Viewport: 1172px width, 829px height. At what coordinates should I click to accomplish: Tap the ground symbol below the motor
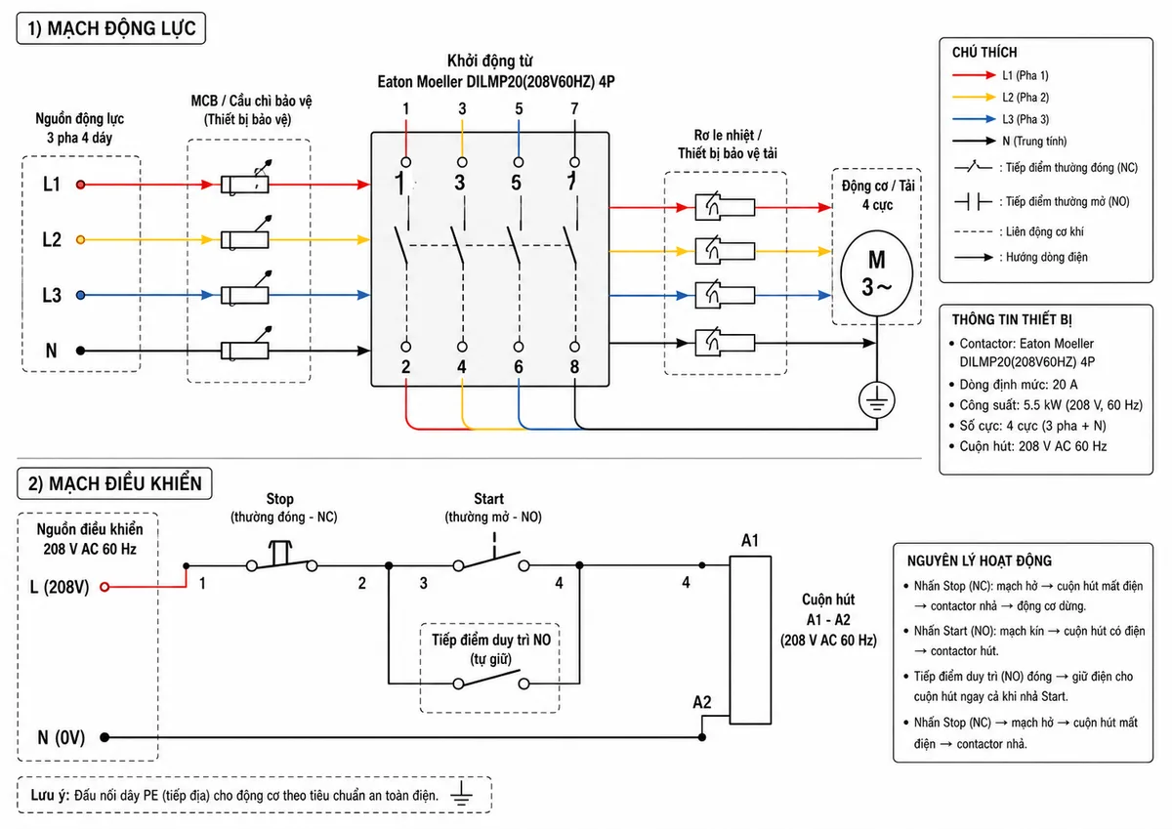pos(877,400)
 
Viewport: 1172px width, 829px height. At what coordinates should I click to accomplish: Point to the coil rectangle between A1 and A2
pos(750,640)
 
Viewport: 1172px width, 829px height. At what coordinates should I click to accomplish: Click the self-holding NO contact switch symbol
pos(490,679)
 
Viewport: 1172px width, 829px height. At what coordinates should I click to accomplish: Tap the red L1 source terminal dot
pos(80,185)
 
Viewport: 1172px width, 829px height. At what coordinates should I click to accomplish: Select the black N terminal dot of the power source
pos(80,351)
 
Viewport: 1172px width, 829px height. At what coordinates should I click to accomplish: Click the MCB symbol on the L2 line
pos(246,233)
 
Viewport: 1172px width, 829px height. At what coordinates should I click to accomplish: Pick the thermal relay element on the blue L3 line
pos(725,296)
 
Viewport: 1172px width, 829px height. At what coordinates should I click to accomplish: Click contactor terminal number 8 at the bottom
pos(574,366)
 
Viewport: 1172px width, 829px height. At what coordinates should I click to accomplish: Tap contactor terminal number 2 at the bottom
pos(406,366)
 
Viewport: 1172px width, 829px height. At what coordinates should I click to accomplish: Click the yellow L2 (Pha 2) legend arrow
pos(974,98)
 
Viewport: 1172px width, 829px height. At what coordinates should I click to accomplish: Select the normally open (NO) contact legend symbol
pos(973,201)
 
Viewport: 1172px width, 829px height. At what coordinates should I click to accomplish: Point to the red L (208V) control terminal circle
pos(105,587)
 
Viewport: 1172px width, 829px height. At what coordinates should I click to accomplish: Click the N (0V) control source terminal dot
pos(105,737)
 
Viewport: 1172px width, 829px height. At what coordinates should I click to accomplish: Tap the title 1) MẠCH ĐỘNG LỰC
pos(111,28)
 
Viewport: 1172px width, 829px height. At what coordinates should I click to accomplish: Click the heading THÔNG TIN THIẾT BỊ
pos(1012,319)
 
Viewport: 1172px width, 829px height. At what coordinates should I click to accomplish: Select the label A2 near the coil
pos(702,702)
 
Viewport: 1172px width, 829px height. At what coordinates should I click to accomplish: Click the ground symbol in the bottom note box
pos(461,794)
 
